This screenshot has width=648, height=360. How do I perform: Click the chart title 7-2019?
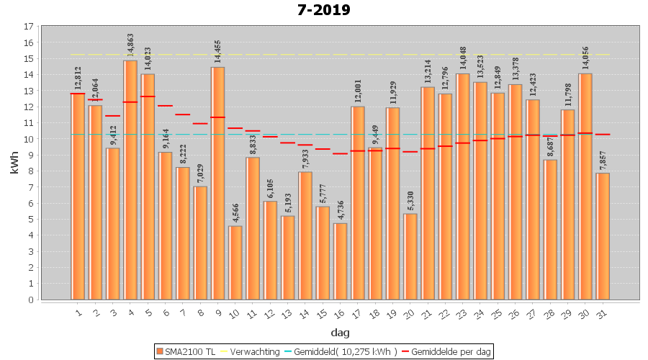[x=324, y=10]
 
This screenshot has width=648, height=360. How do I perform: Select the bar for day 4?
[x=130, y=180]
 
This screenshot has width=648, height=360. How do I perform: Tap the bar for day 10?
[x=235, y=263]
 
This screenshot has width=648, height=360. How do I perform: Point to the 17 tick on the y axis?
[x=29, y=27]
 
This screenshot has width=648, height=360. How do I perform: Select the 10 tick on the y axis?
[x=29, y=139]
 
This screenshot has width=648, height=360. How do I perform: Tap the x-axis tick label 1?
[x=78, y=313]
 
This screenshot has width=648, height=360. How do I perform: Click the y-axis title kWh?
[x=14, y=163]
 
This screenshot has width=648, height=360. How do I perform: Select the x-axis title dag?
[x=341, y=332]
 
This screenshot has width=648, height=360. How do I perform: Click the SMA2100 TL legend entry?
[x=186, y=351]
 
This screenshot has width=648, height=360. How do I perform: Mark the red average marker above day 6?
[x=165, y=106]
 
